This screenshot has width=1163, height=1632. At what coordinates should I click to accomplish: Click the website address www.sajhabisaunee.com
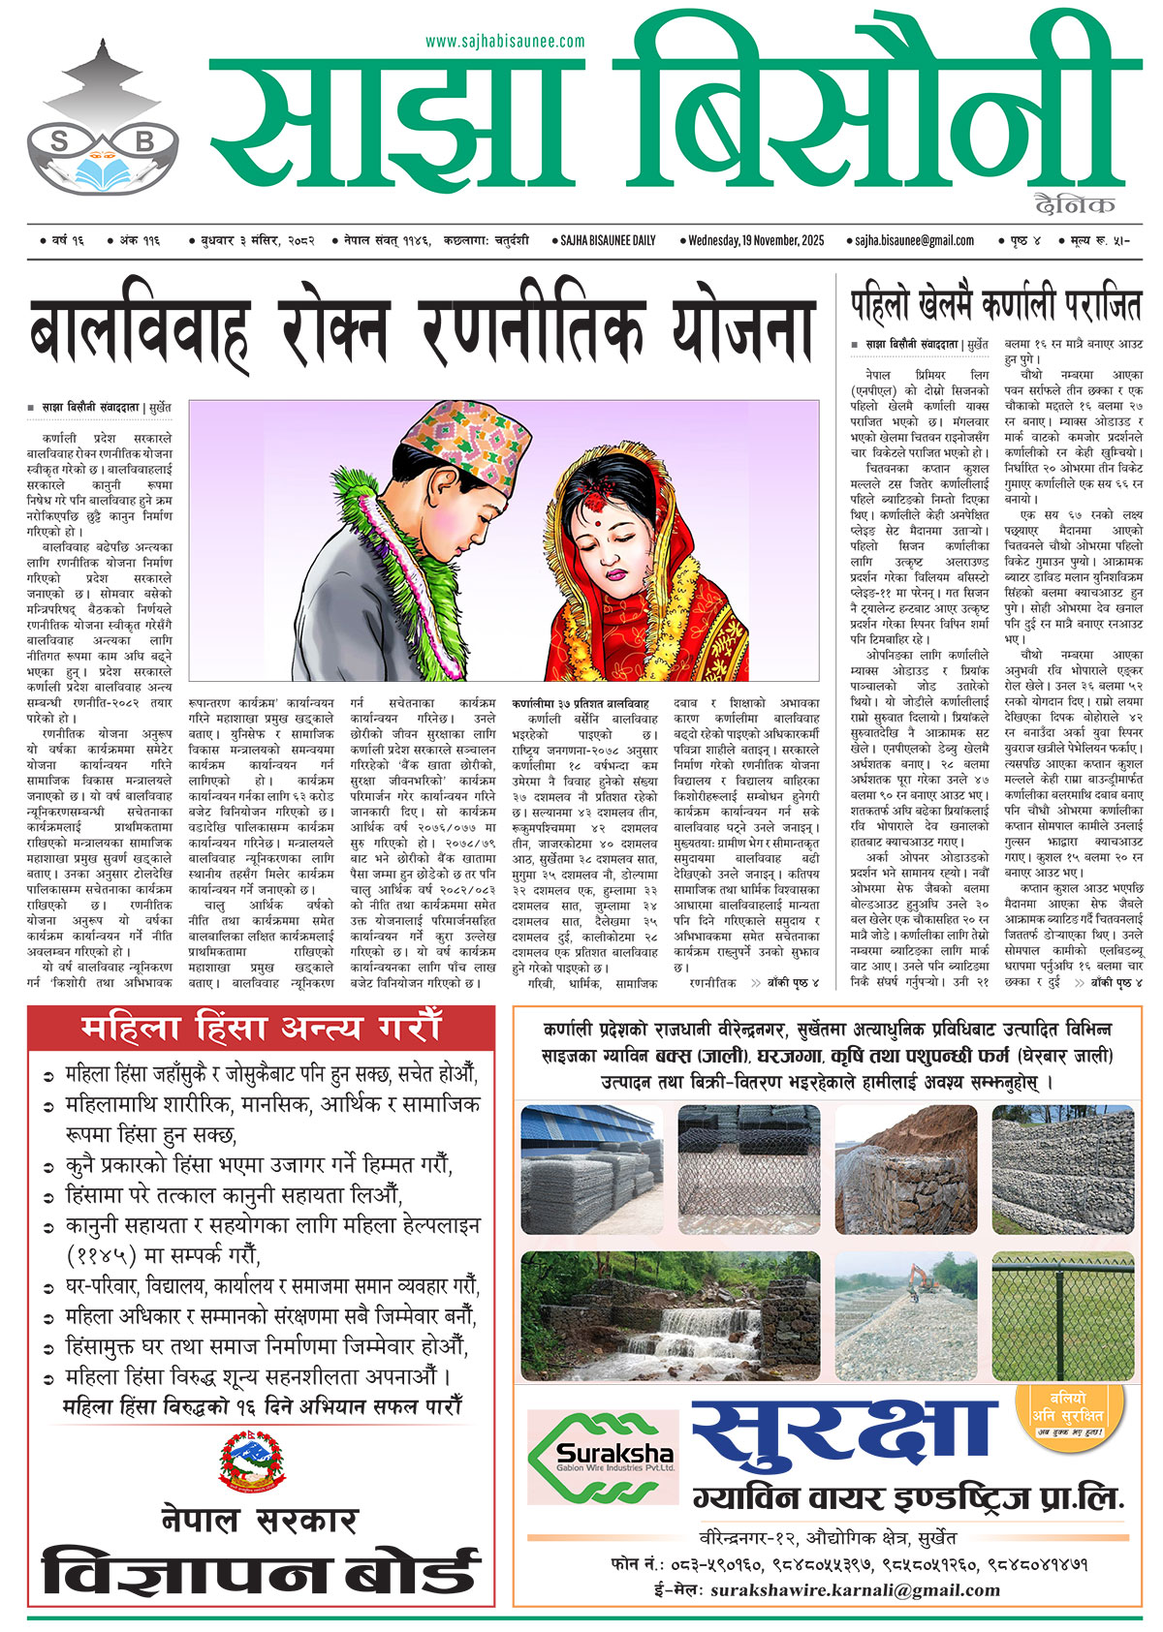[505, 41]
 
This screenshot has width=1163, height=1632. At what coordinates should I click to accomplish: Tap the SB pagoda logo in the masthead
[105, 121]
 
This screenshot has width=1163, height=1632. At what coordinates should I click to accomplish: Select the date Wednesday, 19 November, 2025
[756, 240]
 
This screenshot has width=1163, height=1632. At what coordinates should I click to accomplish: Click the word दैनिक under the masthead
[1074, 203]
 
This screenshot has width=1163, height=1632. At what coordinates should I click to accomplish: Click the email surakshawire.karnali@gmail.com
[854, 1589]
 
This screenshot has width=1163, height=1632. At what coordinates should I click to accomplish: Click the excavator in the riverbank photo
[914, 1279]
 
